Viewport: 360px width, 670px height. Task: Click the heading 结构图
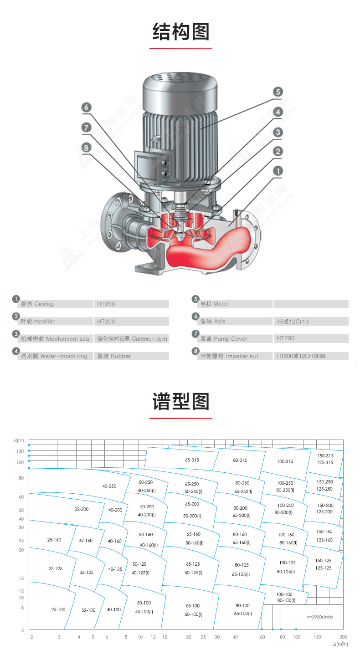[181, 32]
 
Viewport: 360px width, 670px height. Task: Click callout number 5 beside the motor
[278, 92]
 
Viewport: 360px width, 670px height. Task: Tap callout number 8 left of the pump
[86, 147]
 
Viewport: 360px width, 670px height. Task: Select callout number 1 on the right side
[278, 170]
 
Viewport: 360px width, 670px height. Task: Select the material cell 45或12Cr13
[293, 322]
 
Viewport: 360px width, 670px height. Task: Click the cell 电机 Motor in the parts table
[215, 304]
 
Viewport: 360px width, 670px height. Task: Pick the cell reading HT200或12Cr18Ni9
[300, 356]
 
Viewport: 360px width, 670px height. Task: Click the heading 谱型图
[181, 402]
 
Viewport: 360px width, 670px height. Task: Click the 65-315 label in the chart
[192, 460]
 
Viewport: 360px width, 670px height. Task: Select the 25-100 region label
[58, 609]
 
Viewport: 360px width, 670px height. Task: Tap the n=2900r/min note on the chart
[320, 617]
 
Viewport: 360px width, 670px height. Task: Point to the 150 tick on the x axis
[318, 637]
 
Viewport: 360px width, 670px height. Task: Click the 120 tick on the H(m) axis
[20, 451]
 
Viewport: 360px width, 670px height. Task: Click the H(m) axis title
[19, 440]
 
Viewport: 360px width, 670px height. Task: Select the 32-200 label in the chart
[82, 509]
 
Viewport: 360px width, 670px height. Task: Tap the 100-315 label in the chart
[285, 461]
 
